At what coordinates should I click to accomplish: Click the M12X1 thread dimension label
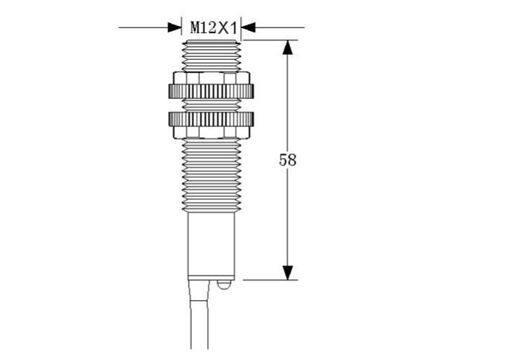tap(214, 28)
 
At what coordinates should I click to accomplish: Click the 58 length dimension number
tap(287, 159)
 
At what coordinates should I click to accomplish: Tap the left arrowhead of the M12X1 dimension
tap(175, 27)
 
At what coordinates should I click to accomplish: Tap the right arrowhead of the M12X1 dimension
tap(248, 27)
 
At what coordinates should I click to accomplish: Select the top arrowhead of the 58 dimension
tap(288, 48)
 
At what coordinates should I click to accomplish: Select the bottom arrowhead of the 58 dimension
tap(288, 273)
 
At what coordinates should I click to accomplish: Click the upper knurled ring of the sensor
tap(211, 91)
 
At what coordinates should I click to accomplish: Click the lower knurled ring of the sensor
tap(211, 119)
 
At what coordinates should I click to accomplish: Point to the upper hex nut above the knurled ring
tap(211, 78)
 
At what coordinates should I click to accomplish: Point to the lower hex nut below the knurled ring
tap(211, 132)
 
